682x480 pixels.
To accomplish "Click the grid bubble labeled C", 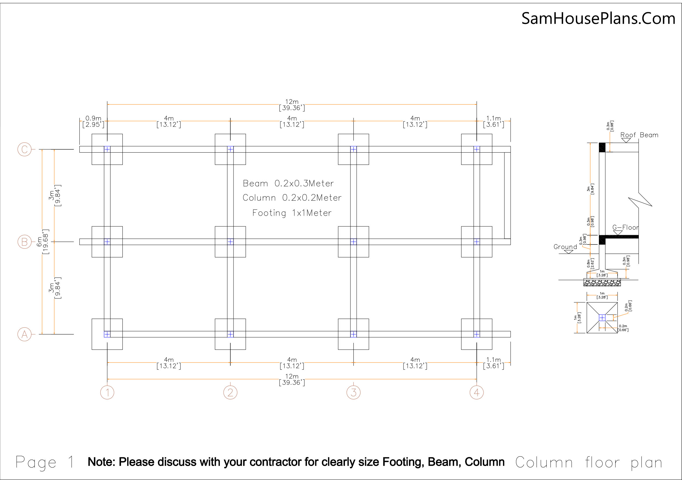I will [24, 149].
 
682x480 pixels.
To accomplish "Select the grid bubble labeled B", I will [24, 242].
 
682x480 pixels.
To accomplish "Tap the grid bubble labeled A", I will [24, 334].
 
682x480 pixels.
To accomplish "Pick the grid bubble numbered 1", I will [107, 392].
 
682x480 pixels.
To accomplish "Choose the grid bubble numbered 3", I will [353, 392].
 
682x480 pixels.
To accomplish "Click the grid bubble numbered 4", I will [476, 392].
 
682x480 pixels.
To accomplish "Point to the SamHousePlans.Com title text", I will [598, 18].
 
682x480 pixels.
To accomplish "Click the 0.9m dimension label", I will [93, 118].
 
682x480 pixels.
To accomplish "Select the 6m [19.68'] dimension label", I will [42, 242].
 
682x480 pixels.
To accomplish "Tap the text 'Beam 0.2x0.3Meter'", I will [288, 183].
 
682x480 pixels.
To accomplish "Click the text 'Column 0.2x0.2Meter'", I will [292, 198].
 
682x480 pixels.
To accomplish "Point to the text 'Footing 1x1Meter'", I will [292, 213].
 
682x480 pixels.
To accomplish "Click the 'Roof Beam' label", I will [639, 135].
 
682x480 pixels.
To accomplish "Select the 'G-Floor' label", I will [625, 227].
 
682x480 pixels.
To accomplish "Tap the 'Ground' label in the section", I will [565, 247].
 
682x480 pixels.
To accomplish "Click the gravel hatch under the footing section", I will [602, 282].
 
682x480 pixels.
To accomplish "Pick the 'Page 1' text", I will [45, 462].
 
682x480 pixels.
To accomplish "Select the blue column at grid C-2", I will [230, 149].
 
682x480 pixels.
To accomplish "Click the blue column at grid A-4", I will [476, 334].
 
